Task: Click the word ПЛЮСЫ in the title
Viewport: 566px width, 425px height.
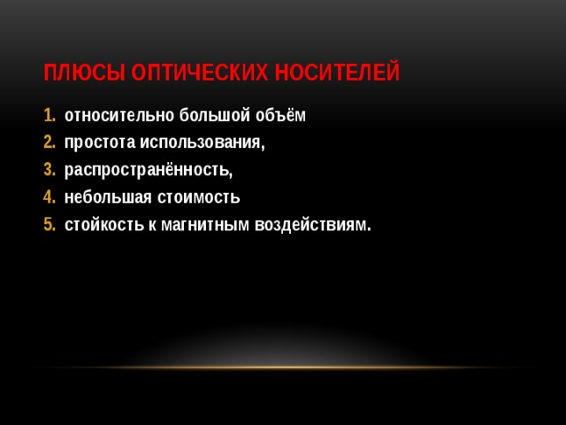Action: [83, 72]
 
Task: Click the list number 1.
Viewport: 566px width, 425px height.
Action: [48, 116]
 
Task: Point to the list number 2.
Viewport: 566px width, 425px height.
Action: [48, 143]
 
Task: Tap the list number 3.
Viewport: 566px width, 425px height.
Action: [48, 170]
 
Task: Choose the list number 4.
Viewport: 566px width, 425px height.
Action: [48, 197]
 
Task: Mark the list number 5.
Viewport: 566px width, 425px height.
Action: [48, 225]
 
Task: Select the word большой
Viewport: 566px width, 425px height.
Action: [211, 116]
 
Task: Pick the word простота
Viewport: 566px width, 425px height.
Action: [99, 143]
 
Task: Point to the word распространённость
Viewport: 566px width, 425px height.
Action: [148, 171]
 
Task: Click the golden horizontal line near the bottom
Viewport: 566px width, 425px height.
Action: [283, 367]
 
